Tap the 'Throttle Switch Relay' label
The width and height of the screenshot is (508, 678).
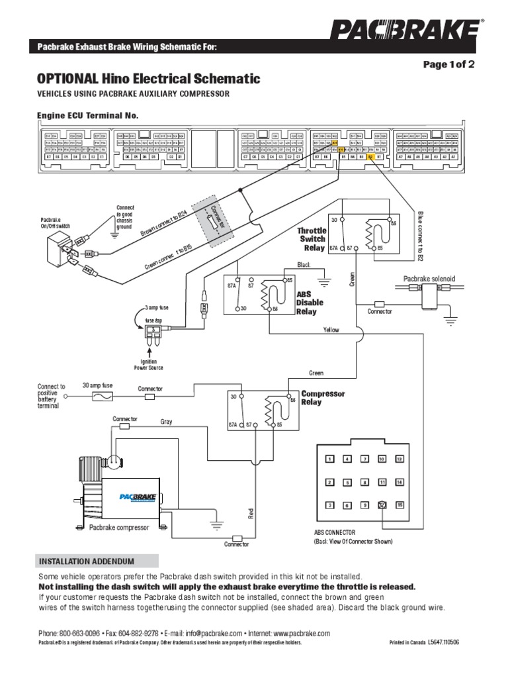point(312,239)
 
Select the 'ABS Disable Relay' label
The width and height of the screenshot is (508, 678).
point(310,303)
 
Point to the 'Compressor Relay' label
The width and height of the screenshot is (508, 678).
point(323,398)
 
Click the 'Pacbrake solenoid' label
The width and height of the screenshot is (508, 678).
point(430,279)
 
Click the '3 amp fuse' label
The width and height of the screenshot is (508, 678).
point(157,308)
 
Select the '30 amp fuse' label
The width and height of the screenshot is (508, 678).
point(98,385)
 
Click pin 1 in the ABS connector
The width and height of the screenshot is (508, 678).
point(329,459)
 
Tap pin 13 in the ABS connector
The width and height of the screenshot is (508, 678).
point(399,459)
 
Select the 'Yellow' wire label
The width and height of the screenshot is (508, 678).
point(331,329)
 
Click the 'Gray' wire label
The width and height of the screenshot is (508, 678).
point(166,422)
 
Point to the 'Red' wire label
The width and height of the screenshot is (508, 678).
point(251,512)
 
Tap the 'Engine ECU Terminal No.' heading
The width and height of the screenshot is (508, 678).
point(88,115)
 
